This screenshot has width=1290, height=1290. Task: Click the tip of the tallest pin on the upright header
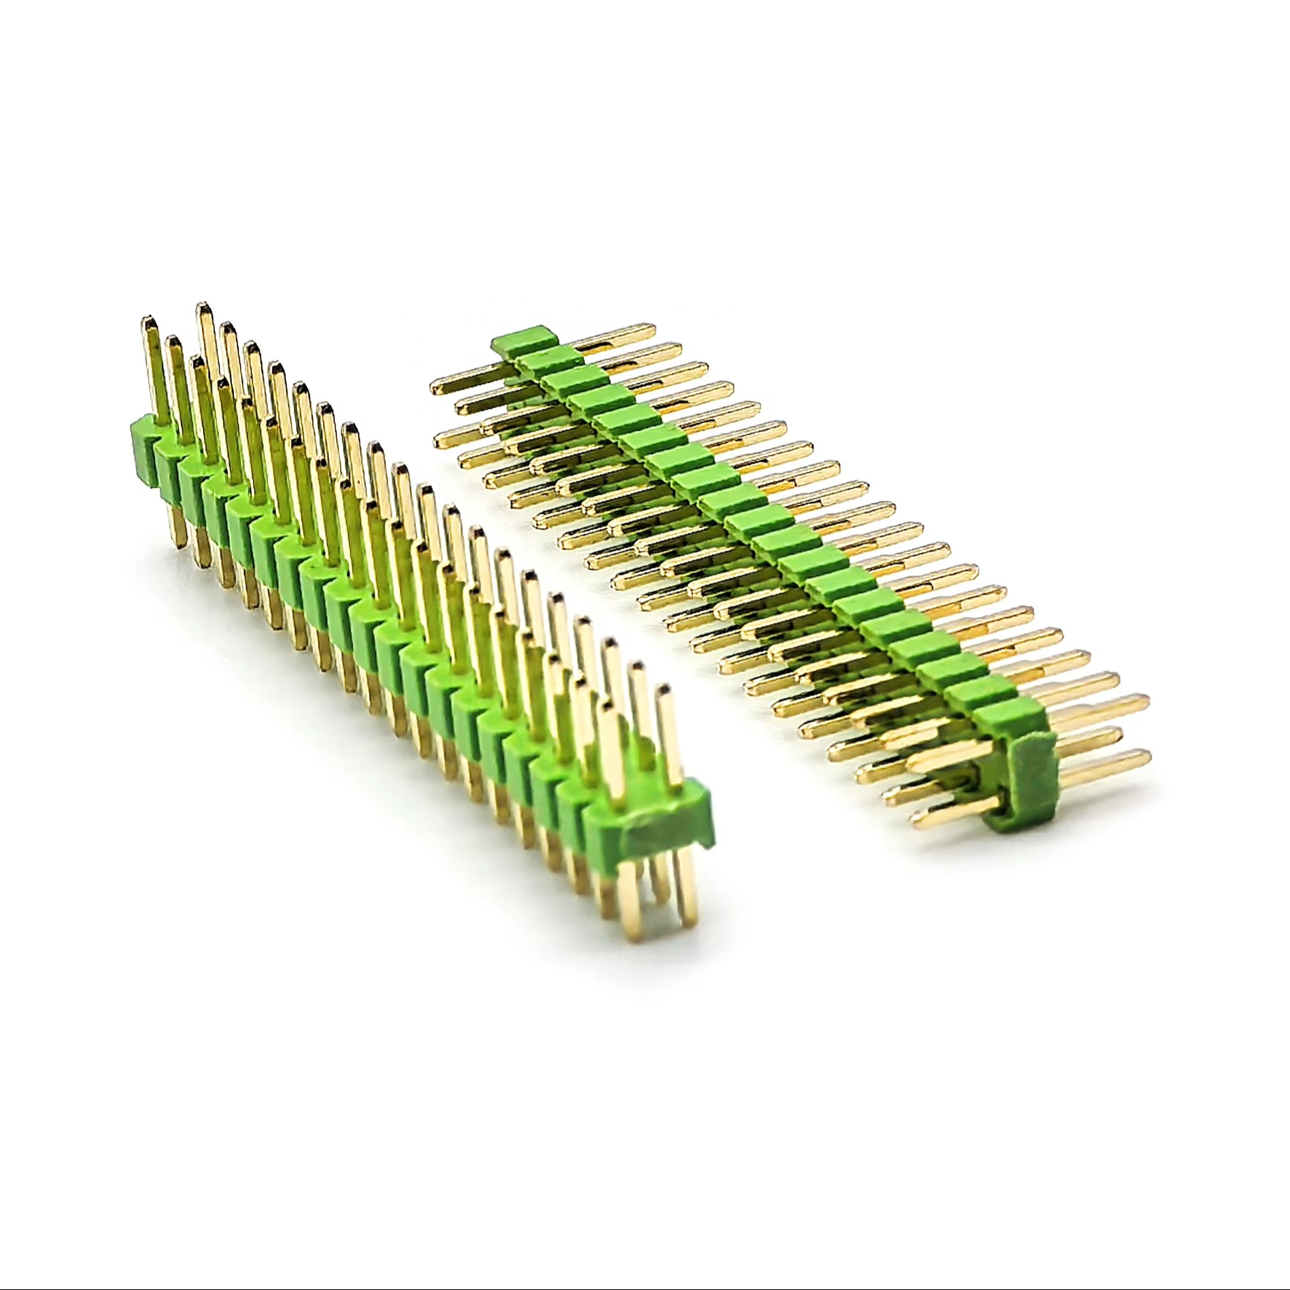(204, 307)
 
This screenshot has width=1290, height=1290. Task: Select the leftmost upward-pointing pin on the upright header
(149, 357)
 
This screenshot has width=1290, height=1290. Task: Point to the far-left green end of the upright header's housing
(140, 449)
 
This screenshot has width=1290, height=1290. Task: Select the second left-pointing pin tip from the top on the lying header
(461, 405)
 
